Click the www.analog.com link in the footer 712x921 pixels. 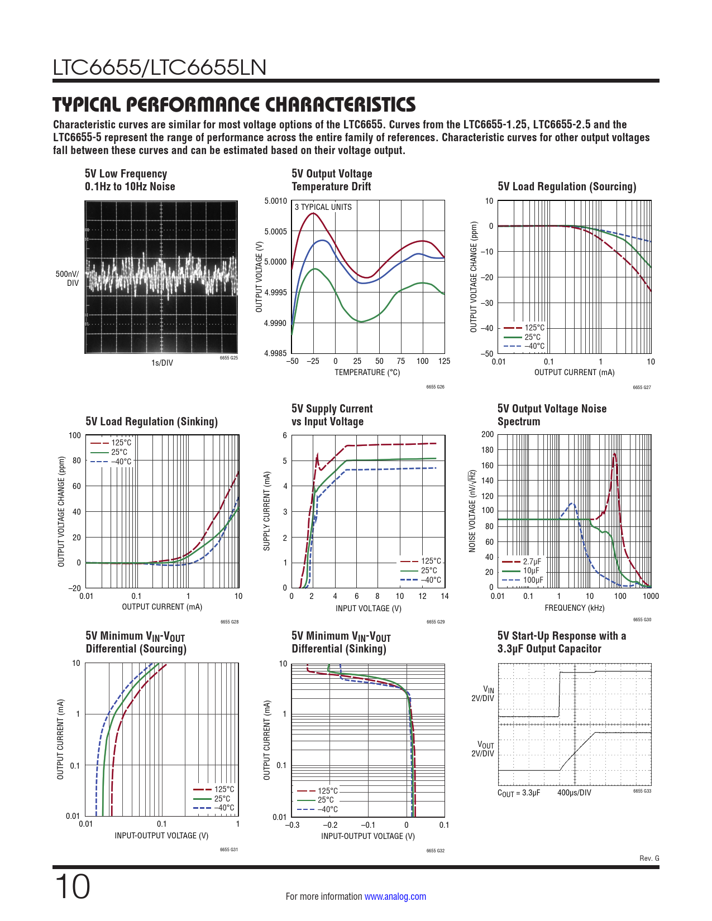pyautogui.click(x=395, y=896)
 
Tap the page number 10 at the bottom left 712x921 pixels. pyautogui.click(x=72, y=887)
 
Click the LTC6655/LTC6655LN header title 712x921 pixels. pyautogui.click(x=160, y=68)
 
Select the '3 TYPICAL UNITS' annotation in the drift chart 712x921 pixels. pyautogui.click(x=323, y=207)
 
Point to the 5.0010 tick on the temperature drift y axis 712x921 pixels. pyautogui.click(x=275, y=201)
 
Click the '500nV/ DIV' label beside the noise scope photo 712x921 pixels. pyautogui.click(x=68, y=279)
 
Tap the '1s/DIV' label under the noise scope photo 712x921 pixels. pyautogui.click(x=162, y=363)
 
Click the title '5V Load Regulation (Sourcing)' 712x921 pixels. pyautogui.click(x=566, y=186)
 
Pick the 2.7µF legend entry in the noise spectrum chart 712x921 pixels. pyautogui.click(x=532, y=562)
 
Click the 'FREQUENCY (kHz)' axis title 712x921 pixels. pyautogui.click(x=574, y=608)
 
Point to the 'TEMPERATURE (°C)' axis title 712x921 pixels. pyautogui.click(x=367, y=372)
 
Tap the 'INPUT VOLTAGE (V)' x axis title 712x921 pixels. pyautogui.click(x=368, y=608)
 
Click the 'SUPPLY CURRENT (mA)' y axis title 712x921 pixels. pyautogui.click(x=267, y=511)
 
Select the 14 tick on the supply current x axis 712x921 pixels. pyautogui.click(x=445, y=596)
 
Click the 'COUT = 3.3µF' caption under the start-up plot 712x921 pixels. pyautogui.click(x=519, y=793)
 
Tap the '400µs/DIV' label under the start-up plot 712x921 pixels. pyautogui.click(x=574, y=793)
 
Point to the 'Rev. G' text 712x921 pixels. pyautogui.click(x=649, y=858)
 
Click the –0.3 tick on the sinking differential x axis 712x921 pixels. pyautogui.click(x=293, y=825)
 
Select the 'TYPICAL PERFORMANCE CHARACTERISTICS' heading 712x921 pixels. pyautogui.click(x=234, y=104)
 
